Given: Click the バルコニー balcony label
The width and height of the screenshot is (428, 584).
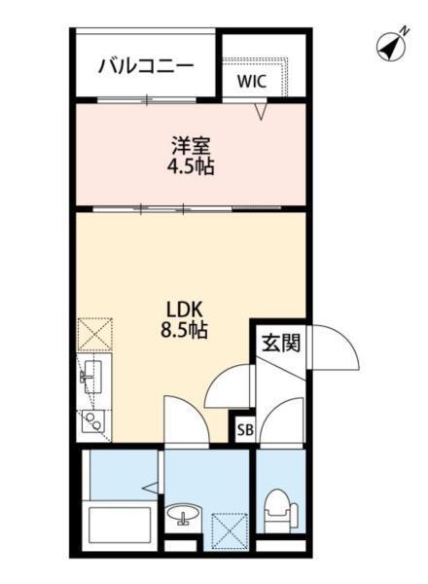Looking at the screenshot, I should pyautogui.click(x=146, y=66).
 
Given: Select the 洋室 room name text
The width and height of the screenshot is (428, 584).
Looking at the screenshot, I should pyautogui.click(x=191, y=146).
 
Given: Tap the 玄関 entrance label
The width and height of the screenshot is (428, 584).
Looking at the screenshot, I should pyautogui.click(x=279, y=342).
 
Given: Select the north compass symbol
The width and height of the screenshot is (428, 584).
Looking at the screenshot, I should pyautogui.click(x=391, y=46).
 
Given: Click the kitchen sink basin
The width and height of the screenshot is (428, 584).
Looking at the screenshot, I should pyautogui.click(x=93, y=375).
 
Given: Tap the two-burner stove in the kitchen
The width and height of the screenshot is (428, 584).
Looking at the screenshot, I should pyautogui.click(x=93, y=420).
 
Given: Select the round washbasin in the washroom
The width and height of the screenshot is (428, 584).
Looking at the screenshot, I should pyautogui.click(x=181, y=515).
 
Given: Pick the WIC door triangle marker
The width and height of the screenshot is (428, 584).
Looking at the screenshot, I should pyautogui.click(x=261, y=112).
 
